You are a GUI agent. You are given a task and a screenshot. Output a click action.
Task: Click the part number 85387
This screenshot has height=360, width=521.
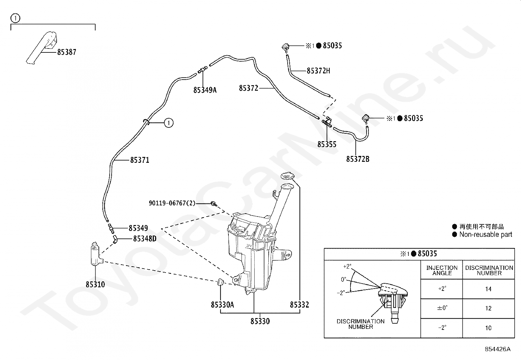click(66, 52)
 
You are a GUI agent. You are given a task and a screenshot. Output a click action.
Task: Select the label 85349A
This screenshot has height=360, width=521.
click(205, 90)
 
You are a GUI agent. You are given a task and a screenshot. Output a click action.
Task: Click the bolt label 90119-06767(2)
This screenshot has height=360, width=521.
click(172, 203)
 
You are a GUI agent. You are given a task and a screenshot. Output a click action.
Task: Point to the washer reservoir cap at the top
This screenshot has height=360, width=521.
click(287, 176)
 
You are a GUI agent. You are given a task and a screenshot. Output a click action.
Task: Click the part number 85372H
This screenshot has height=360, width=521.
click(318, 71)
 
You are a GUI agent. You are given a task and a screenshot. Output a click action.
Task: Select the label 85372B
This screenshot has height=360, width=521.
click(358, 159)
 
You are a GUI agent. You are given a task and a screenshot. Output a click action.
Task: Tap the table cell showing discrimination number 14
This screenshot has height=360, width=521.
click(488, 289)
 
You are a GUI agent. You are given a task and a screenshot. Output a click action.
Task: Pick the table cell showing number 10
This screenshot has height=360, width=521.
click(488, 328)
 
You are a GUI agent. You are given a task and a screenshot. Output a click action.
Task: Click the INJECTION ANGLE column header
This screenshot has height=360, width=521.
click(442, 270)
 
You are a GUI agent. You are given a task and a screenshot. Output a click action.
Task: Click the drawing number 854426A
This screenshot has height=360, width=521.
click(497, 349)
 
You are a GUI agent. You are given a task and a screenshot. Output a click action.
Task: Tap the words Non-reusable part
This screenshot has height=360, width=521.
click(486, 234)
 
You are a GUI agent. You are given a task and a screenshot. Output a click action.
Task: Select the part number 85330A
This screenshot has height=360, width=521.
click(222, 305)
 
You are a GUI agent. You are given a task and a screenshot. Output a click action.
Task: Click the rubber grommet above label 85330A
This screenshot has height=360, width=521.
click(220, 282)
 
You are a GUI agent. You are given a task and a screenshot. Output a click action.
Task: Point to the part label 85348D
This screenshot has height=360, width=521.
click(145, 239)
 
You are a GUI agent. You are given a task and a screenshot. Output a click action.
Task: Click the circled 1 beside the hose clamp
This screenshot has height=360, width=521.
click(169, 123)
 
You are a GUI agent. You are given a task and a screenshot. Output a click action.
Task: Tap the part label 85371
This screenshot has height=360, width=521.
click(139, 160)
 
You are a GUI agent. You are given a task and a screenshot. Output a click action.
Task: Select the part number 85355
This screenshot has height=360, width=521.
click(327, 144)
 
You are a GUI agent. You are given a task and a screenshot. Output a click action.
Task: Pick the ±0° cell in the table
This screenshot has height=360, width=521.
click(442, 308)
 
